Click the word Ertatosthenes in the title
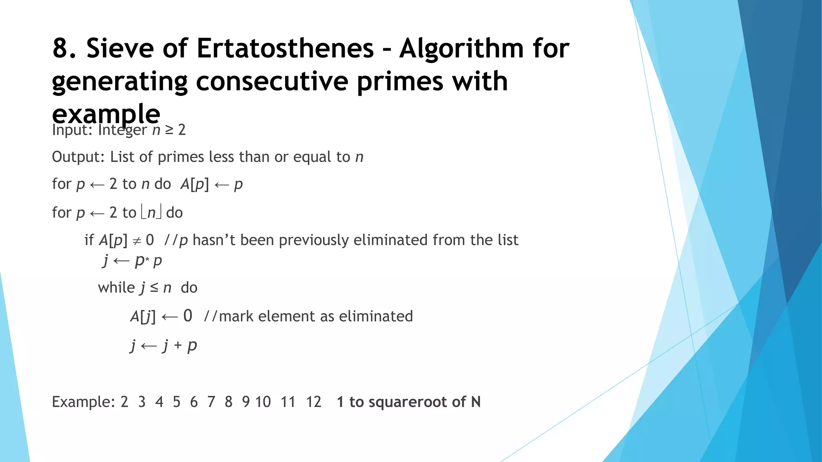pyautogui.click(x=285, y=48)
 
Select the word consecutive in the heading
pyautogui.click(x=273, y=81)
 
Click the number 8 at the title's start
pyautogui.click(x=61, y=48)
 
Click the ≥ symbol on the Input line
pyautogui.click(x=169, y=130)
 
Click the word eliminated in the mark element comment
pyautogui.click(x=376, y=316)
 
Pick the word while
pyautogui.click(x=116, y=288)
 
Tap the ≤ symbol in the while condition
pyautogui.click(x=154, y=288)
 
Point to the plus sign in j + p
pyautogui.click(x=178, y=345)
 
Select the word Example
pyautogui.click(x=83, y=401)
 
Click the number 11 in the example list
pyautogui.click(x=288, y=401)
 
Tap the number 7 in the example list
pyautogui.click(x=211, y=401)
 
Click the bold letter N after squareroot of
pyautogui.click(x=476, y=401)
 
